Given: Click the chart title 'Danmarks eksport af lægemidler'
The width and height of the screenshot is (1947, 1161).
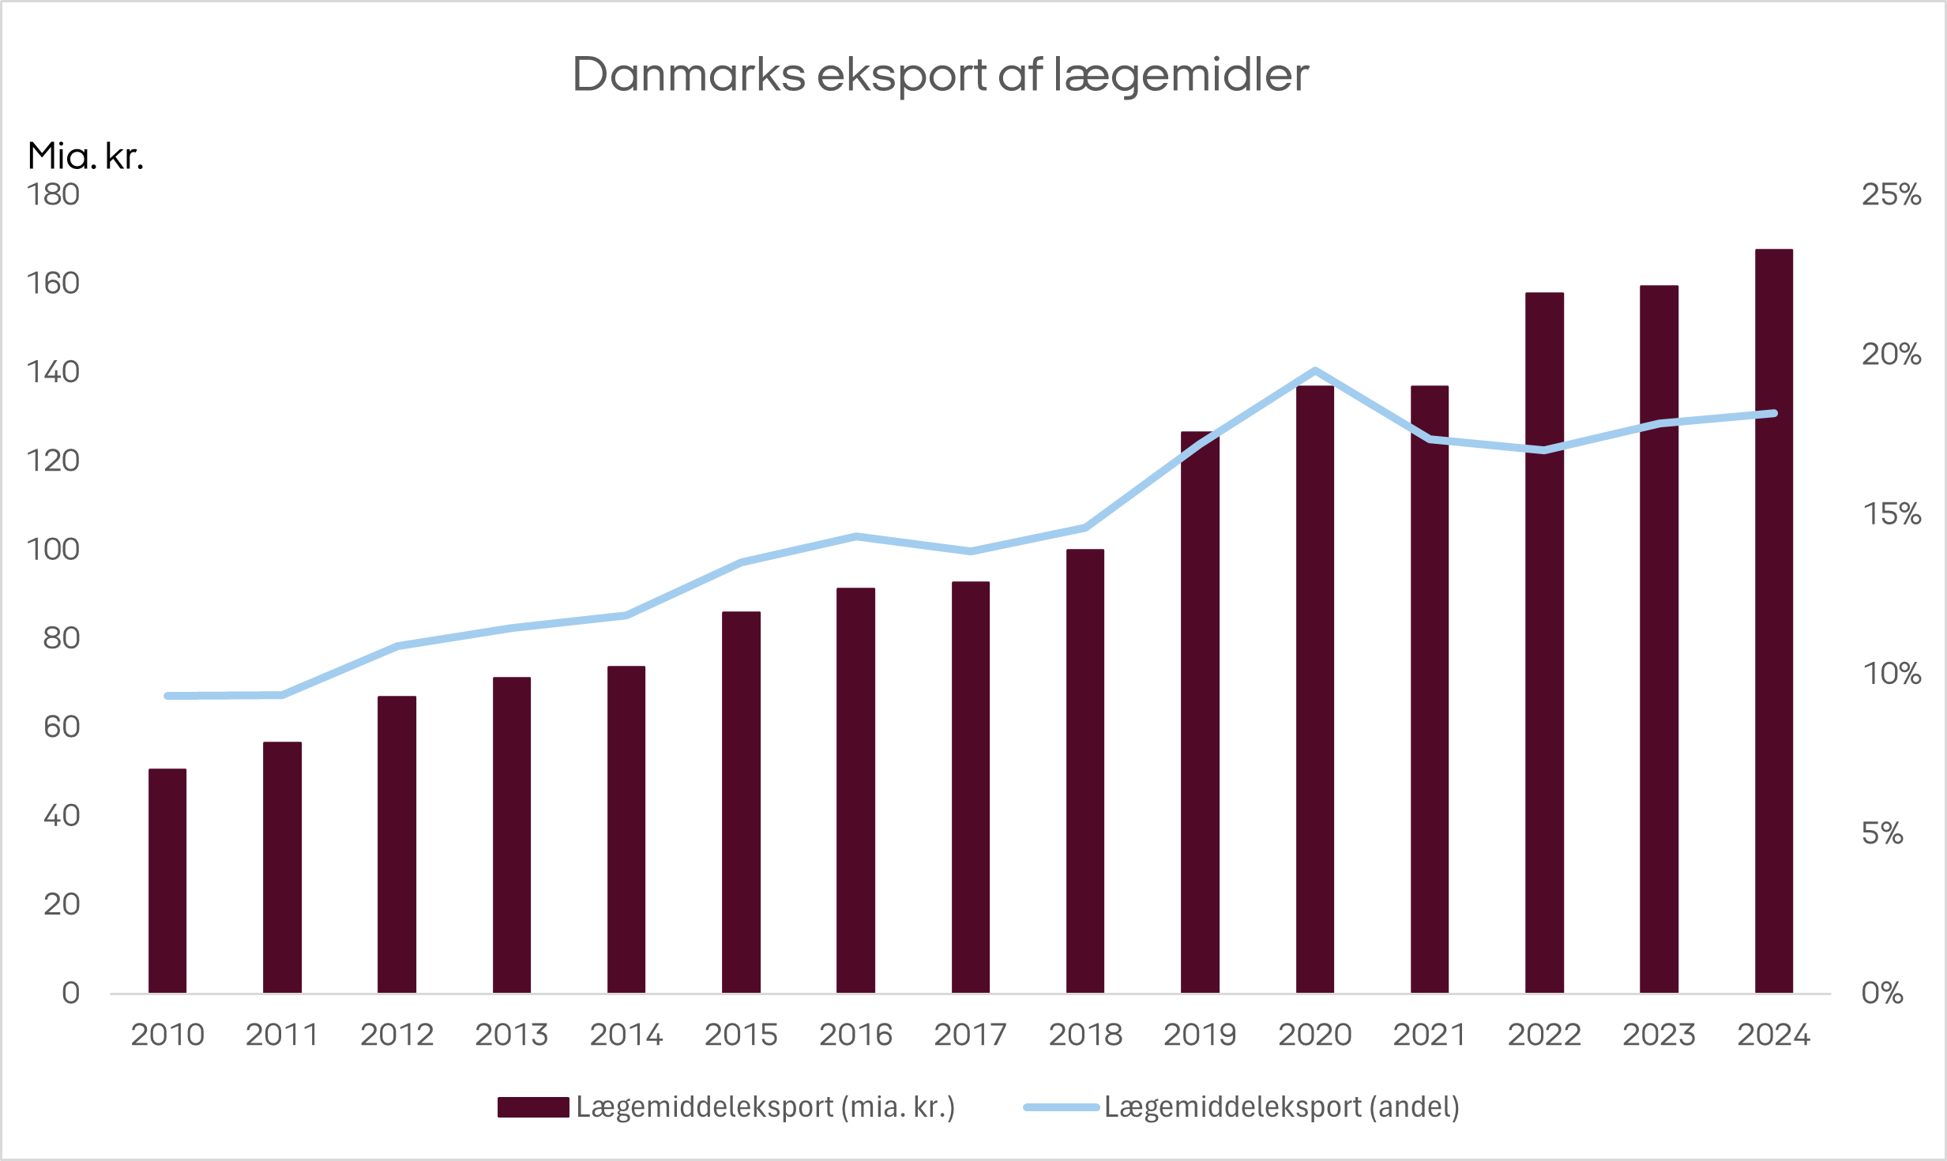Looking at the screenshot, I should pyautogui.click(x=940, y=75).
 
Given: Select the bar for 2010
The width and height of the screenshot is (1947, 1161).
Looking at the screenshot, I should pyautogui.click(x=167, y=881).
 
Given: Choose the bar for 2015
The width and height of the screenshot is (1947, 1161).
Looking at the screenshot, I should pyautogui.click(x=741, y=802).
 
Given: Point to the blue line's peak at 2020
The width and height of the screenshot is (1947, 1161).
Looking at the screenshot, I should pyautogui.click(x=1314, y=370).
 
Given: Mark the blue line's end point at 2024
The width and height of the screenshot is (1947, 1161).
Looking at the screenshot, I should pyautogui.click(x=1774, y=413).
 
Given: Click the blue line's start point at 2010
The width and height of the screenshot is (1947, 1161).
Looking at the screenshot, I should pyautogui.click(x=167, y=696).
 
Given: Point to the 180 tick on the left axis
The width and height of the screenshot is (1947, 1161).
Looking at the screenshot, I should pyautogui.click(x=53, y=194).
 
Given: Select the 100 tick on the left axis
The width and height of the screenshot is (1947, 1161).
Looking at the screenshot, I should pyautogui.click(x=53, y=549).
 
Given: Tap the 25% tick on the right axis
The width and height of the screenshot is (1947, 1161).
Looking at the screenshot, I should pyautogui.click(x=1891, y=194).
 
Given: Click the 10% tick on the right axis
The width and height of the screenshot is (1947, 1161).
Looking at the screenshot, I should pyautogui.click(x=1891, y=674).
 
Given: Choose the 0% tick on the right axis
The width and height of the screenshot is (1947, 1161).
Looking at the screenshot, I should pyautogui.click(x=1882, y=993).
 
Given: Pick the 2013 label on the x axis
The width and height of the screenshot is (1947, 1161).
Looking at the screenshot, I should pyautogui.click(x=511, y=1035).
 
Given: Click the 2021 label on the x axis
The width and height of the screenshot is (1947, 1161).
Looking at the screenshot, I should pyautogui.click(x=1429, y=1035).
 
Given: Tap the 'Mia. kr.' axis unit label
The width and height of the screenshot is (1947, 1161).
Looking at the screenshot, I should pyautogui.click(x=85, y=156).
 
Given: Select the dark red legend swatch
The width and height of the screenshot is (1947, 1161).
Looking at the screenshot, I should pyautogui.click(x=533, y=1107).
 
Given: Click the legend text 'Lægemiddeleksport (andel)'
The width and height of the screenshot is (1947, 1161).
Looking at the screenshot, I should pyautogui.click(x=1281, y=1107).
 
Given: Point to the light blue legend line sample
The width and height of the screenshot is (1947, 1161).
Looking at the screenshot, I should pyautogui.click(x=1061, y=1107).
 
